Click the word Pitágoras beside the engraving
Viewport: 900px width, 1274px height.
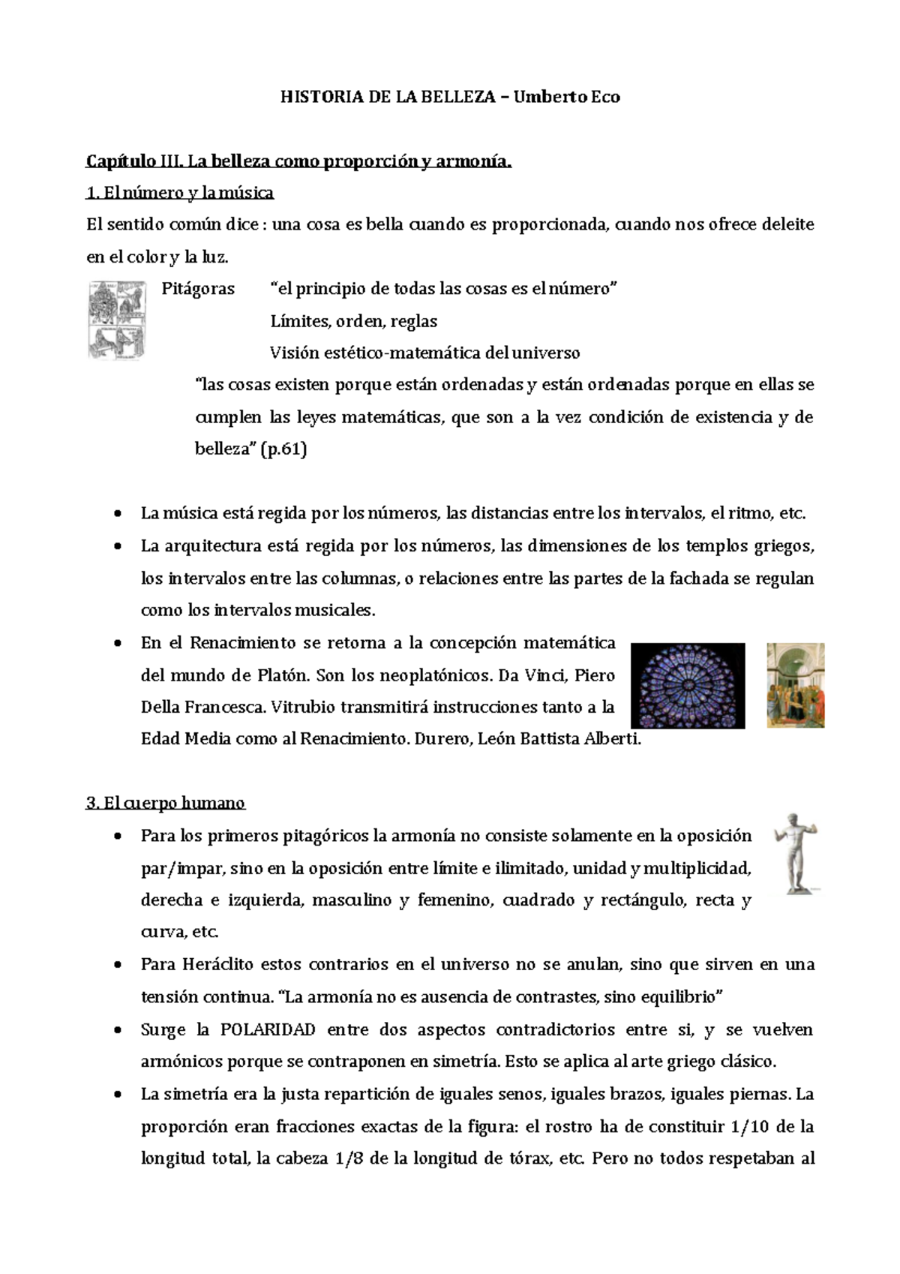point(198,289)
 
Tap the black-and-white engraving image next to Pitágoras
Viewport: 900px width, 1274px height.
point(117,320)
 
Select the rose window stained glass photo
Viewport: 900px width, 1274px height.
point(688,685)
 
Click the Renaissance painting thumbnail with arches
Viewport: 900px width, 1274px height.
point(795,685)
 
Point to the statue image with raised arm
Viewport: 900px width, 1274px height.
point(796,853)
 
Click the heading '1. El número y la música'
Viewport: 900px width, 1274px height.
point(180,193)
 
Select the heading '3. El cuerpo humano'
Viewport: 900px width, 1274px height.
point(166,803)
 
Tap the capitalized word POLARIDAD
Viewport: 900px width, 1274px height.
point(268,1029)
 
